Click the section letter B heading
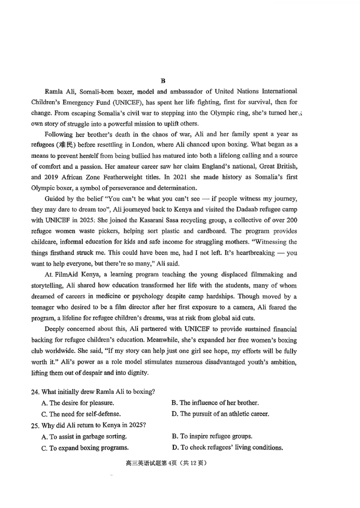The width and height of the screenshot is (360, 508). click(163, 81)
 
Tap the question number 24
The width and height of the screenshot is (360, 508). click(36, 392)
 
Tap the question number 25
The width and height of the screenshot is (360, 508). click(36, 425)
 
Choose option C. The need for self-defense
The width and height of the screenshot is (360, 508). click(81, 414)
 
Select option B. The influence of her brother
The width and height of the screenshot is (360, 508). click(215, 402)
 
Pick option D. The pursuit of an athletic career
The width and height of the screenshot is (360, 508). click(220, 414)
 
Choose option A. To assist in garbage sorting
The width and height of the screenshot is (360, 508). click(84, 436)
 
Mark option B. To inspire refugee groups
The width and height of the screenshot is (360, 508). click(212, 436)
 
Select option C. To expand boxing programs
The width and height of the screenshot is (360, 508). click(85, 447)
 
